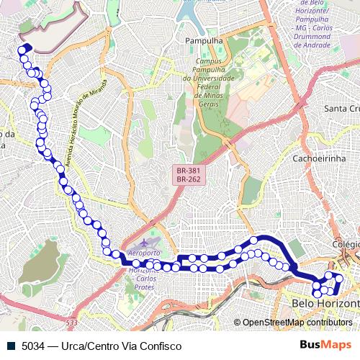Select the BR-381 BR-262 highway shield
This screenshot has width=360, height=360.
188,174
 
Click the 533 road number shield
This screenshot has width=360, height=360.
71,323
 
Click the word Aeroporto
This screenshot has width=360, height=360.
144,254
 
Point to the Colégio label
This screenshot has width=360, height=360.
346,244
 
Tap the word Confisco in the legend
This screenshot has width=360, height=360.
150,345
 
